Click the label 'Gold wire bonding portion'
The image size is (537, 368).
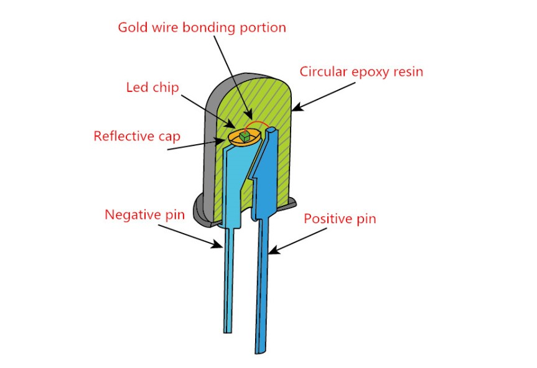202,27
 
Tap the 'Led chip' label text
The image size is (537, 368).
152,87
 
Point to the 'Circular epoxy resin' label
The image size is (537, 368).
361,71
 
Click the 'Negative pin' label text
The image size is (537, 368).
144,215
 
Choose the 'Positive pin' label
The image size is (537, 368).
340,219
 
